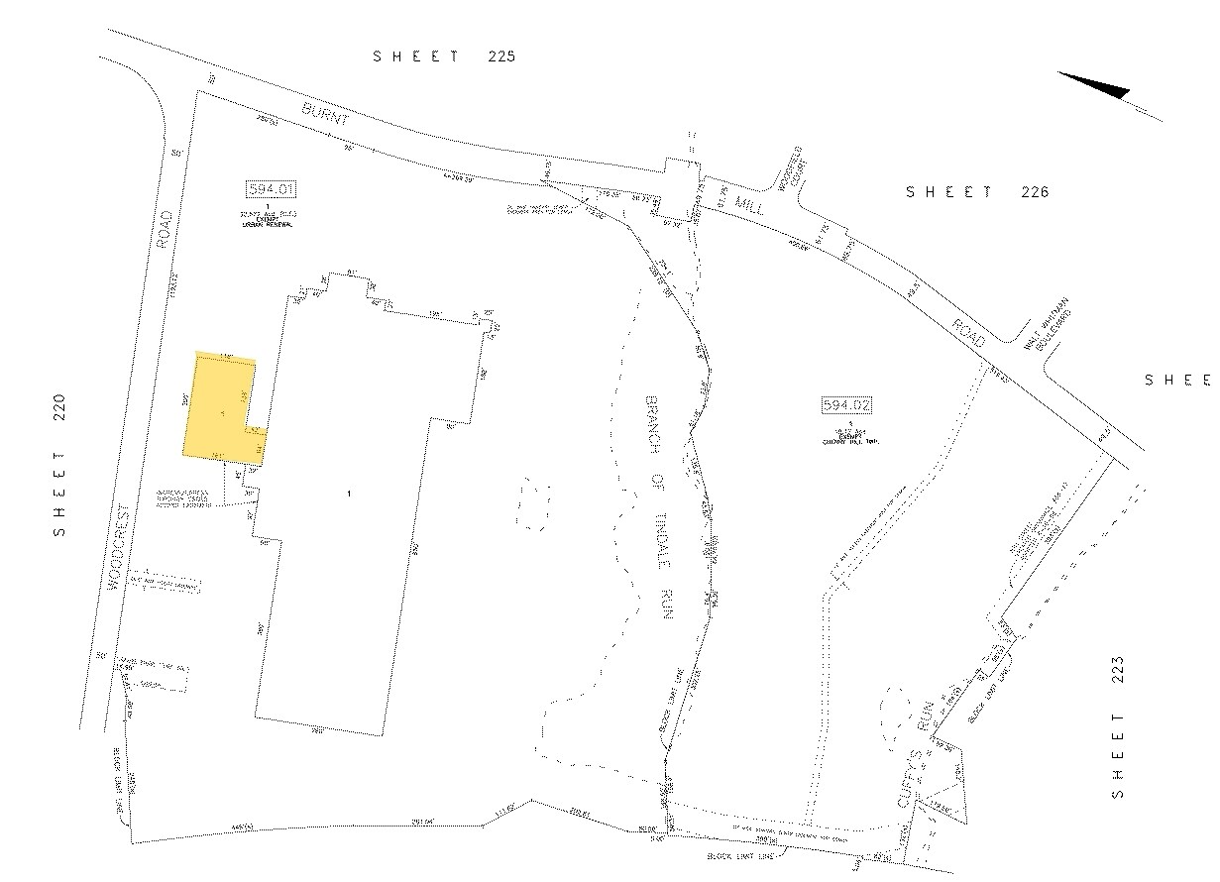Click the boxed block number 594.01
(x=271, y=188)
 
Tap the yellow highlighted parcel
(x=220, y=406)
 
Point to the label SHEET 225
(x=444, y=56)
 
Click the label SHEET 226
(x=976, y=192)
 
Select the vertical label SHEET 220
(x=60, y=465)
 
